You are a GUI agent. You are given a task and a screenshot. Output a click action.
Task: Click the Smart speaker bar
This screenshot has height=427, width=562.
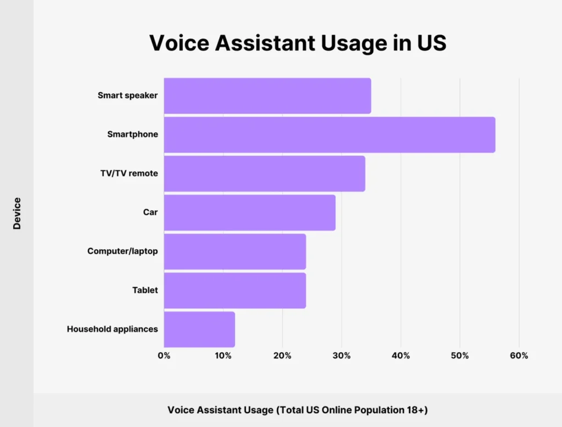point(267,96)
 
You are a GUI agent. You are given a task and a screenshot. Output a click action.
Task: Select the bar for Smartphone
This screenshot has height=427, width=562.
point(329,135)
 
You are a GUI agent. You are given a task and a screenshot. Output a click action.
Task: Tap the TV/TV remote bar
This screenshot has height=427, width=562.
point(265,174)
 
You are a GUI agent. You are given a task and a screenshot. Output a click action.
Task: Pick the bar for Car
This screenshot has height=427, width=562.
point(250,212)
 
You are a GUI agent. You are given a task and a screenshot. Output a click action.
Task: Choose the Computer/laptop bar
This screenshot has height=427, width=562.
point(235,251)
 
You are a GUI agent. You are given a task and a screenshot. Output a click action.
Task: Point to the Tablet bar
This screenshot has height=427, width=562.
point(235,290)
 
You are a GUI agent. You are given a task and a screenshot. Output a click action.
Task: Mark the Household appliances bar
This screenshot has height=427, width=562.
point(199,329)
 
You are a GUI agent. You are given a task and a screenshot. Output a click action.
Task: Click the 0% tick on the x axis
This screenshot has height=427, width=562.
point(164,356)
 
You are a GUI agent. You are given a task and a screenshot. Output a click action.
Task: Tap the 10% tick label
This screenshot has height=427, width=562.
point(223,356)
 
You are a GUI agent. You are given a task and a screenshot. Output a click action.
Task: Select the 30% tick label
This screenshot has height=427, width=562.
point(341,356)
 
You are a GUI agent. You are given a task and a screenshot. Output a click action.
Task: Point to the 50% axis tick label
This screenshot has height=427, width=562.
point(460,356)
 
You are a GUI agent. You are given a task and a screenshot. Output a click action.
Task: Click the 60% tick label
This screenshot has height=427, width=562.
point(519,356)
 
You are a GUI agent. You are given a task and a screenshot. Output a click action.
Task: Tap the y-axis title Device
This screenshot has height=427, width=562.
point(17,213)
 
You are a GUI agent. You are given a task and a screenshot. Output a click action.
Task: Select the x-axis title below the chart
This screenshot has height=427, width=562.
point(297,410)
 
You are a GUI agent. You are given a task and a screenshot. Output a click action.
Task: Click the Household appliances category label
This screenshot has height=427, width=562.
point(113,329)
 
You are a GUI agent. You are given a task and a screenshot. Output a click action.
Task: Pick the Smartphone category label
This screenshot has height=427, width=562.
point(132,134)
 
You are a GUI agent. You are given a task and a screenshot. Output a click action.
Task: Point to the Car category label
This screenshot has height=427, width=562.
point(150,212)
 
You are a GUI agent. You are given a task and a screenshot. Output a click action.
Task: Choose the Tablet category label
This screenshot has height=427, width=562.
point(145,290)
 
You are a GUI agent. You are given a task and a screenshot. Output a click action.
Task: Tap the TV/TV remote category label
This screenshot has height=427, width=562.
point(130,173)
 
